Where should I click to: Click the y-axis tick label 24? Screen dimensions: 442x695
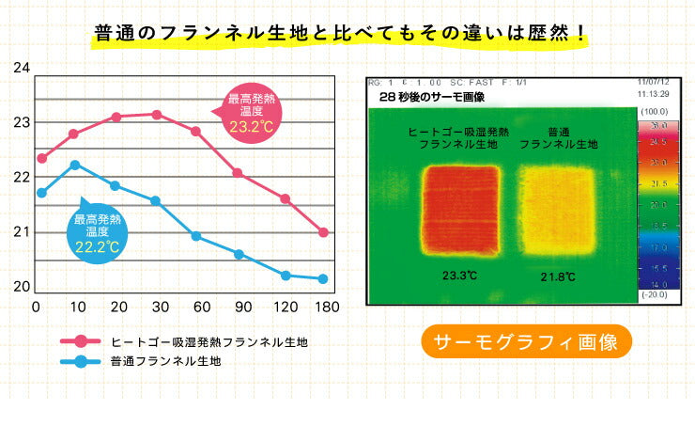23,69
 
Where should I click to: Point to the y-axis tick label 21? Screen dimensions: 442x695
23,232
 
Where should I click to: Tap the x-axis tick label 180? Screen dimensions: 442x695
323,308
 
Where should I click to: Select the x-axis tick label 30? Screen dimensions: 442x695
160,308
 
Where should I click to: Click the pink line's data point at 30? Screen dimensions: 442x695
156,115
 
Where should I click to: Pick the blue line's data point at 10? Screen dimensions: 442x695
75,165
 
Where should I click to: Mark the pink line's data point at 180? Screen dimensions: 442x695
323,232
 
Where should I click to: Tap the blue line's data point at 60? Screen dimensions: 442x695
196,236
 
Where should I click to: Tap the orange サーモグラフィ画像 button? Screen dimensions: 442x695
526,341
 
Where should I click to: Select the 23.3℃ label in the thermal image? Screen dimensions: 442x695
460,276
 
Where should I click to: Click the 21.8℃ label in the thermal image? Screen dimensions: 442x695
558,276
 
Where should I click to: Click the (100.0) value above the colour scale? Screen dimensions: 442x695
653,111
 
